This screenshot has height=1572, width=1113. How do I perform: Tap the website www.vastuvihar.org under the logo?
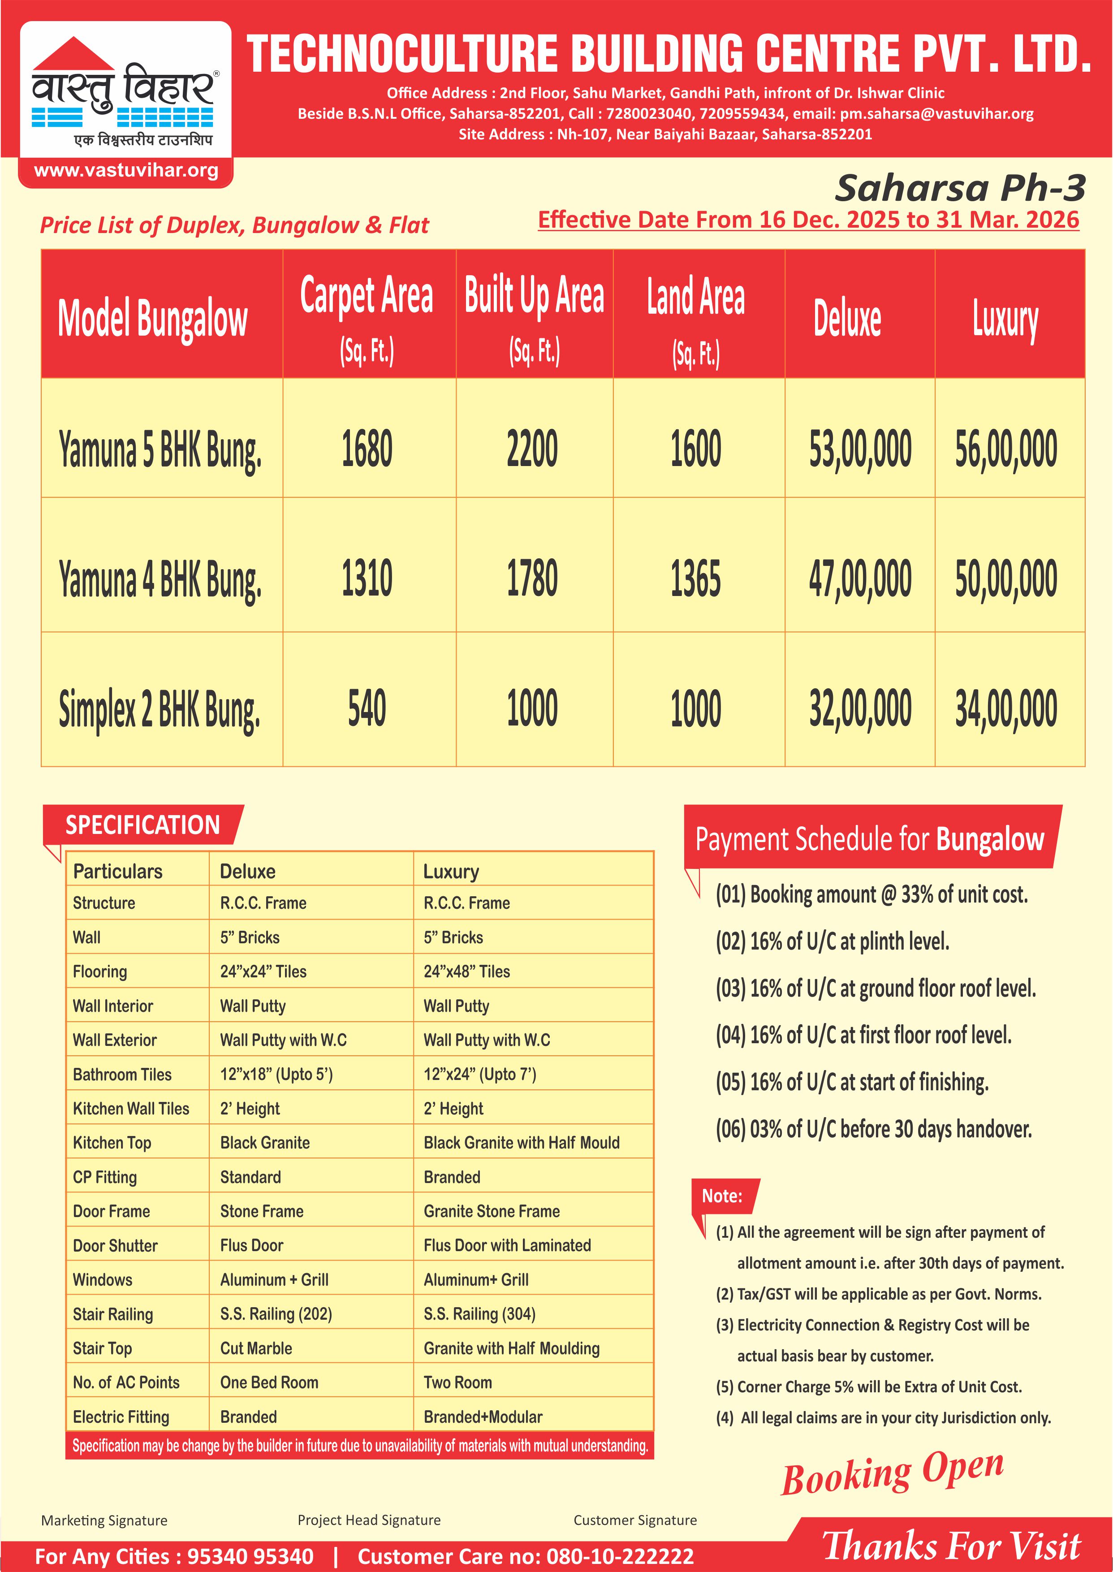click(126, 171)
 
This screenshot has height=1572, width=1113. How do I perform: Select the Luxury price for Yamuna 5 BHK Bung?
click(1006, 449)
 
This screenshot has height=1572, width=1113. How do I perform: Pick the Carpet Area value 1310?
click(367, 579)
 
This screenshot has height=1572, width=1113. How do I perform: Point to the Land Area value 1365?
click(695, 579)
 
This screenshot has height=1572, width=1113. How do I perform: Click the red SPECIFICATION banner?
click(142, 825)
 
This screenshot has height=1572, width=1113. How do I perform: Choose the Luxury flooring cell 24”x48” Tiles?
click(467, 971)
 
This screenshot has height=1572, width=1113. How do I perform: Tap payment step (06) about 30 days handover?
click(873, 1129)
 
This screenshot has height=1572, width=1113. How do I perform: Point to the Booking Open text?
click(892, 1472)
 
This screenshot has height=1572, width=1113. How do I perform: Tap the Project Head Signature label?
click(369, 1520)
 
